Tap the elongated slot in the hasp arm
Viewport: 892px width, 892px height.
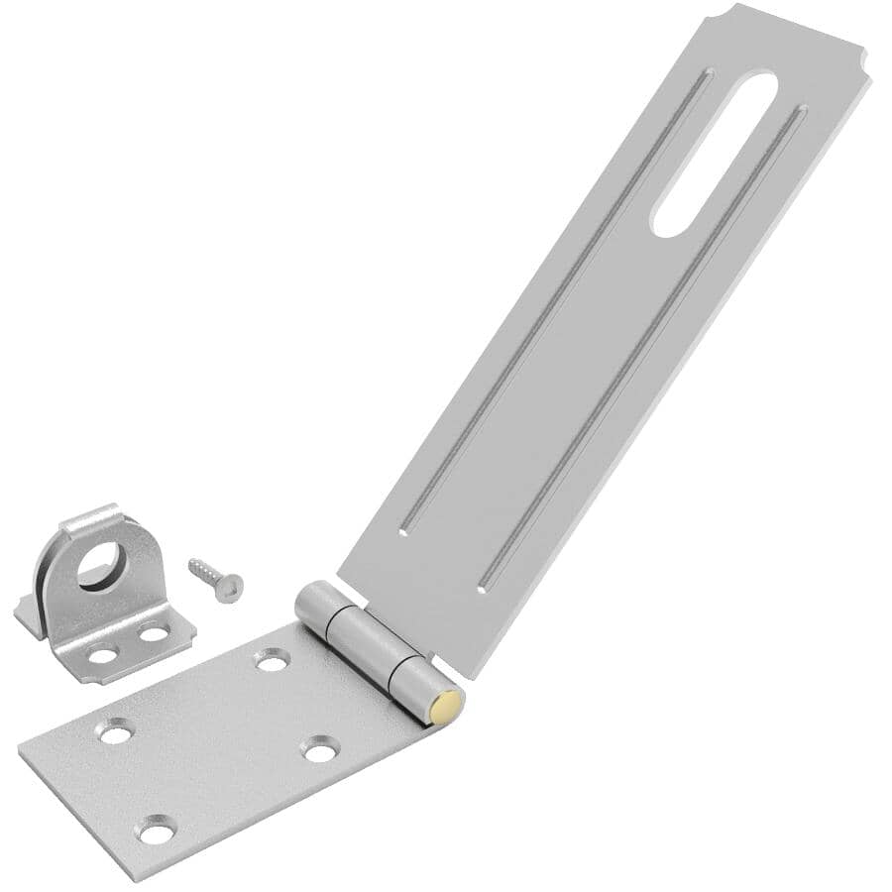[x=714, y=154]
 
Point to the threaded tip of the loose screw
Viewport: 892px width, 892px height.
[x=194, y=565]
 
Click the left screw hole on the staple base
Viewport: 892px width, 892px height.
[x=103, y=654]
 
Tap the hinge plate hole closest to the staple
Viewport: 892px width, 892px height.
[x=273, y=659]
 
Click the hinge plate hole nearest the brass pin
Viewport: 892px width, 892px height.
[x=319, y=749]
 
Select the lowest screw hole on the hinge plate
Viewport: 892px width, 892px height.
[x=157, y=830]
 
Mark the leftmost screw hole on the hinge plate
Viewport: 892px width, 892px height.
[x=116, y=731]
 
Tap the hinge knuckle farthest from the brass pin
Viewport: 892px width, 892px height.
[x=317, y=607]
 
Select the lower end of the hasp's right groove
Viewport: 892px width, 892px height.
[x=484, y=588]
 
